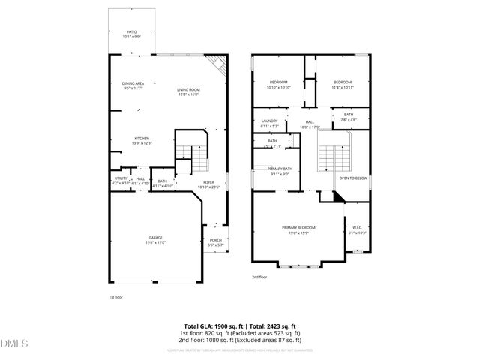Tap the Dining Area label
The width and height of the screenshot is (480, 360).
click(x=133, y=85)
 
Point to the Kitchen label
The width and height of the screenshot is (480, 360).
click(x=142, y=140)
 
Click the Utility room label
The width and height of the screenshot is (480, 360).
click(x=121, y=181)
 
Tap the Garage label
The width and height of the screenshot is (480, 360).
click(x=155, y=240)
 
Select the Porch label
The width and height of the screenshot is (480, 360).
click(x=215, y=242)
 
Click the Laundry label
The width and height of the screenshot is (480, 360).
click(x=270, y=123)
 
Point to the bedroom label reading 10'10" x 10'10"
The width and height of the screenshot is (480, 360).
click(x=279, y=85)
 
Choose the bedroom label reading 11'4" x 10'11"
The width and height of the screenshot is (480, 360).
click(x=342, y=85)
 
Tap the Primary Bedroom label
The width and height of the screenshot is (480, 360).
click(x=298, y=229)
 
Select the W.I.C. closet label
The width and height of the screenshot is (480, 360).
click(x=357, y=229)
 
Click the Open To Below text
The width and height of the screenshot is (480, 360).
click(x=353, y=178)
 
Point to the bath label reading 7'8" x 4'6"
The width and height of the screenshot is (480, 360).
click(x=349, y=117)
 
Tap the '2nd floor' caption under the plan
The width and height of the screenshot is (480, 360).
click(x=259, y=277)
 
